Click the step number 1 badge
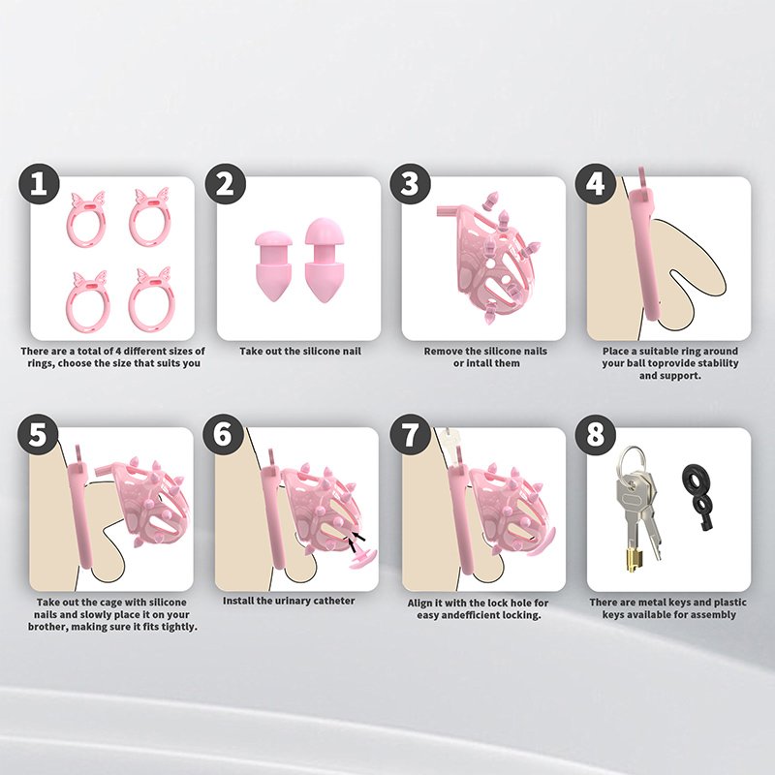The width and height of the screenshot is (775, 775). click(39, 184)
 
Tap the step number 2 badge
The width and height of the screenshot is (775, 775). click(226, 184)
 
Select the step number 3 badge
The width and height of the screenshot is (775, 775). click(410, 184)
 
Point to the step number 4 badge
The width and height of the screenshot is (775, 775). click(596, 184)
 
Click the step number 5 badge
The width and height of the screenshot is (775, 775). click(38, 434)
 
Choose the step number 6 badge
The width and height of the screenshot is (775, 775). click(224, 434)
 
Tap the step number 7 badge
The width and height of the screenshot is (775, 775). click(410, 435)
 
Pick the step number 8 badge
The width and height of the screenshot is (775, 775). click(596, 435)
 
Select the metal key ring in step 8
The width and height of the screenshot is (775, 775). click(633, 460)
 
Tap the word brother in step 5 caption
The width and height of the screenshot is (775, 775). click(47, 627)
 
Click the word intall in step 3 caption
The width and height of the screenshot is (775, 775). click(477, 363)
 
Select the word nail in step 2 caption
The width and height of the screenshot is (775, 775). click(351, 352)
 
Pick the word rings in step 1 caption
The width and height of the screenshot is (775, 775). click(40, 364)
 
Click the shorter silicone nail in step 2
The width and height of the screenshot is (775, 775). click(274, 265)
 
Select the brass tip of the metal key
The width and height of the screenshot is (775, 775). click(633, 561)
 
